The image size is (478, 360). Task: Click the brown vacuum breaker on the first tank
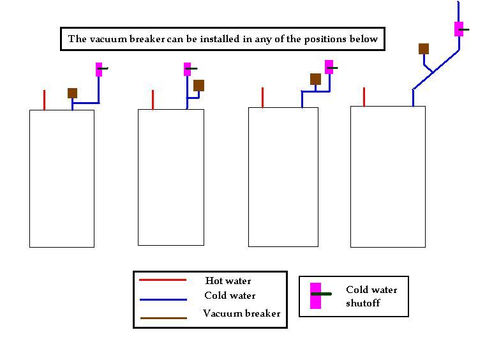[73, 93]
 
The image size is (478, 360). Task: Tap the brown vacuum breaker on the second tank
[198, 86]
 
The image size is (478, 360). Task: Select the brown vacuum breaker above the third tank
[315, 79]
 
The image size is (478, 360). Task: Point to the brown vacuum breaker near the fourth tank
[424, 49]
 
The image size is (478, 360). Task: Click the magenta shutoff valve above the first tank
[100, 69]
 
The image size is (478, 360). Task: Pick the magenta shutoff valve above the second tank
[188, 69]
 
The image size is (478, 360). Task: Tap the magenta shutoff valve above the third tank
[329, 67]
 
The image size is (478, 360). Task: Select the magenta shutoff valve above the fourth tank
[459, 29]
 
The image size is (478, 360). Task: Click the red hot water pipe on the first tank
[45, 100]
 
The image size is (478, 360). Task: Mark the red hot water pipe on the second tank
[153, 100]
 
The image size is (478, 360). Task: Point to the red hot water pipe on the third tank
[263, 98]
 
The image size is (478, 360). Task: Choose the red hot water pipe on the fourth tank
[364, 97]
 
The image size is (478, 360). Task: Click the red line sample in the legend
[163, 280]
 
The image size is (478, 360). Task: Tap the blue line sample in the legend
[163, 299]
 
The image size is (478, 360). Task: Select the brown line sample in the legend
[163, 317]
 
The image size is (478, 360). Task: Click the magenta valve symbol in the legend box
[315, 296]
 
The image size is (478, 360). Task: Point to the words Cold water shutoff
[371, 296]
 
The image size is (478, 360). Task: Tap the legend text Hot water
[228, 281]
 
